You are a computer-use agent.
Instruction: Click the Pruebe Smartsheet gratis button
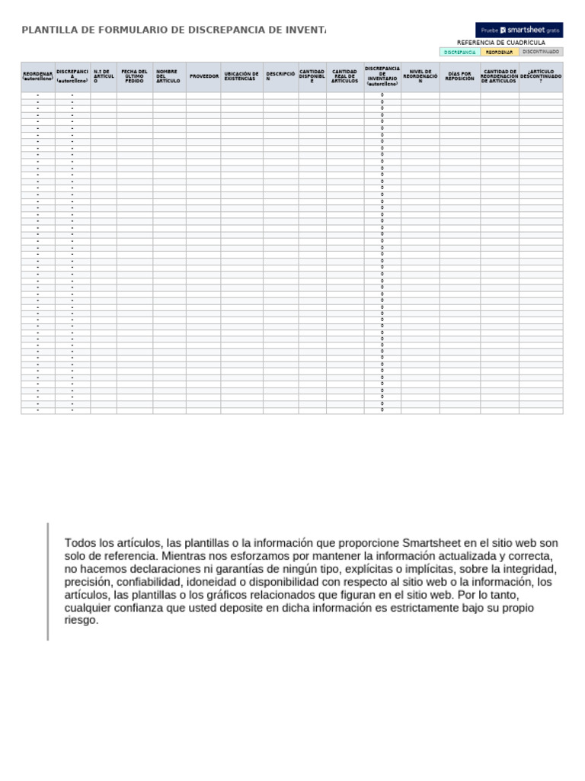tap(519, 30)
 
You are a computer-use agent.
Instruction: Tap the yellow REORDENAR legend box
tap(500, 52)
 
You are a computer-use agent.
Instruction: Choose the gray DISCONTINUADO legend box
tap(542, 52)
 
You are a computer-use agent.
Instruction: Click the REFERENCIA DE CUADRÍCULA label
tap(500, 43)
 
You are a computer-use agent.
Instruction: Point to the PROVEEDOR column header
tap(203, 76)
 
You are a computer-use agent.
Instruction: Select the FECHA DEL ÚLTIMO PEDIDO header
tap(134, 76)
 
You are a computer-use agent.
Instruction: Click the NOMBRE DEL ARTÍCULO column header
tap(168, 76)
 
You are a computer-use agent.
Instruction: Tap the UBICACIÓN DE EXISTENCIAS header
tap(241, 76)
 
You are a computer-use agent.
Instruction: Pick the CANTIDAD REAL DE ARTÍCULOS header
tap(344, 76)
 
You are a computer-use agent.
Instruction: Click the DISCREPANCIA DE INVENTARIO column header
tap(382, 76)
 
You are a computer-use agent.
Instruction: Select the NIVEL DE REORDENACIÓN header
tap(420, 76)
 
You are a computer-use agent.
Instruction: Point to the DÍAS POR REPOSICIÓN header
tap(459, 76)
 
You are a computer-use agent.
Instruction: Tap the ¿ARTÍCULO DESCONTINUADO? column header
tap(541, 76)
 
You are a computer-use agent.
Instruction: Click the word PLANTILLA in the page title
tap(48, 30)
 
